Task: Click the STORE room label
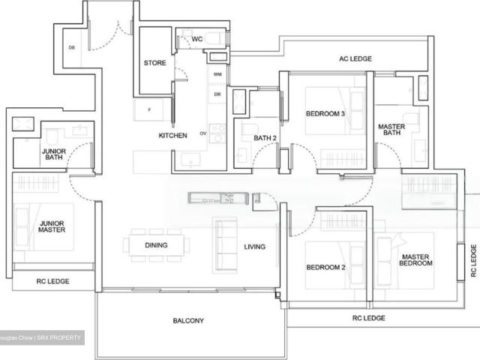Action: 154,63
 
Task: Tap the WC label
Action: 196,39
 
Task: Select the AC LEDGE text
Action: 355,58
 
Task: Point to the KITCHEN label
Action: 172,136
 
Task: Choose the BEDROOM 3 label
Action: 325,114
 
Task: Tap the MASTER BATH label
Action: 391,131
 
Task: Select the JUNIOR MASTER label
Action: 53,226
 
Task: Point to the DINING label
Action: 156,245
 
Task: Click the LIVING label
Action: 255,246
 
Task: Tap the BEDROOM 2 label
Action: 325,268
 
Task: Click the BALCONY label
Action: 187,321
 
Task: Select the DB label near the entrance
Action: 72,48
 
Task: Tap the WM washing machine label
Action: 217,75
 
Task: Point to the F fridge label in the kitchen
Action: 150,110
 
